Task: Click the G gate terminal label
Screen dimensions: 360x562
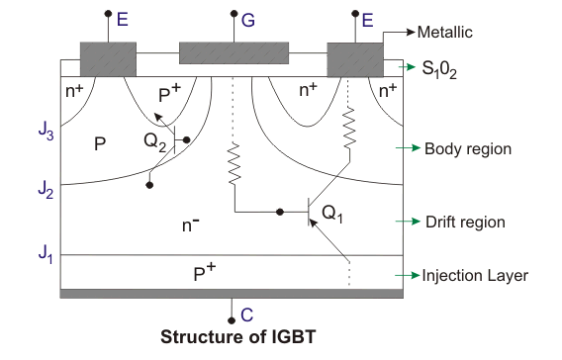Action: click(x=247, y=19)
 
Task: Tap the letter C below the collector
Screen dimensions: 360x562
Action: click(x=247, y=315)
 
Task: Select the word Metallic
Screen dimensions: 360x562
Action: click(x=446, y=33)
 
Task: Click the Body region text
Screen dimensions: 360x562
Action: click(x=467, y=149)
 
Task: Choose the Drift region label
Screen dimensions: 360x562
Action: click(x=465, y=223)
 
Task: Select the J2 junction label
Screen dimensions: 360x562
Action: click(x=45, y=186)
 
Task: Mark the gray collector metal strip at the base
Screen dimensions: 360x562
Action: click(x=232, y=294)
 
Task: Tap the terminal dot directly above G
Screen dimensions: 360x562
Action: click(x=234, y=15)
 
